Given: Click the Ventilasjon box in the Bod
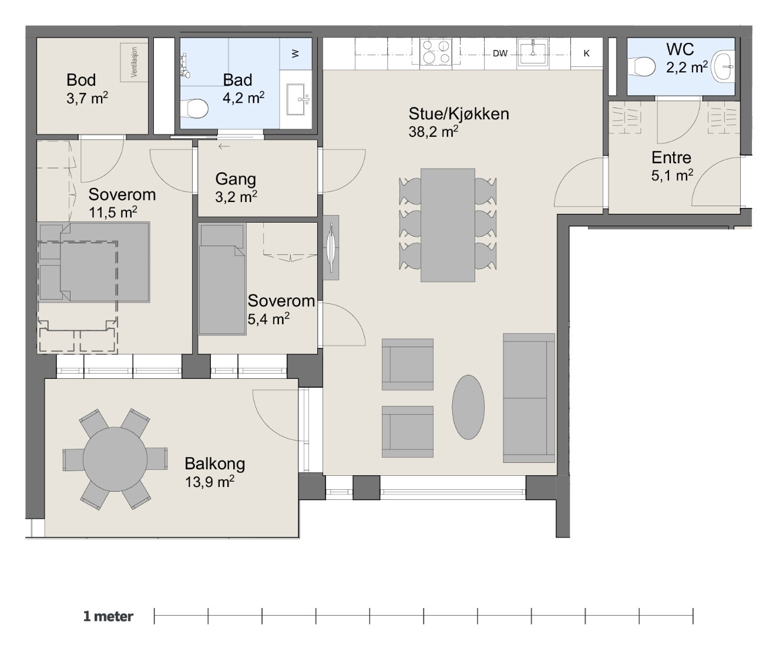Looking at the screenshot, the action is coord(135,62).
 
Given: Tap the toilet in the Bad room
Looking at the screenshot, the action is coord(195,109).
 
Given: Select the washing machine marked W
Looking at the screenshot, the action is coord(295,53).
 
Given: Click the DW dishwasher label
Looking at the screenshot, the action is coord(500,53).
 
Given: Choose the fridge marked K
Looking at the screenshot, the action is coord(587,53).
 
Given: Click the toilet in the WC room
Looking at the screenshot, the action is coord(641,67).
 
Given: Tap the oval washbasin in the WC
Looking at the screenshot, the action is coord(723,67).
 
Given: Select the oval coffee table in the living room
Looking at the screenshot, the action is coord(468,407).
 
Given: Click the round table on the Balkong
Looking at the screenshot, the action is coord(115,459).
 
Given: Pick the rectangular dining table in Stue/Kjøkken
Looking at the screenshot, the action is coord(448,225).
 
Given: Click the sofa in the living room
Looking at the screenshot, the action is coord(529,398).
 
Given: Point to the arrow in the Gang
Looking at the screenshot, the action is coord(224,146).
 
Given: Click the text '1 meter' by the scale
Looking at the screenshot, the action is coord(108,616).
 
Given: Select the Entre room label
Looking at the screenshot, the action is coord(671,158).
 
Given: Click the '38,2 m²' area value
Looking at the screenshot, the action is coord(434,132).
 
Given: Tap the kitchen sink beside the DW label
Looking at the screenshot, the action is coord(533,52).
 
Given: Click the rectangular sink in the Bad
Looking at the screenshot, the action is coord(295,99).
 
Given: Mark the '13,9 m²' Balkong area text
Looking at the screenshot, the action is coord(210,481).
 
